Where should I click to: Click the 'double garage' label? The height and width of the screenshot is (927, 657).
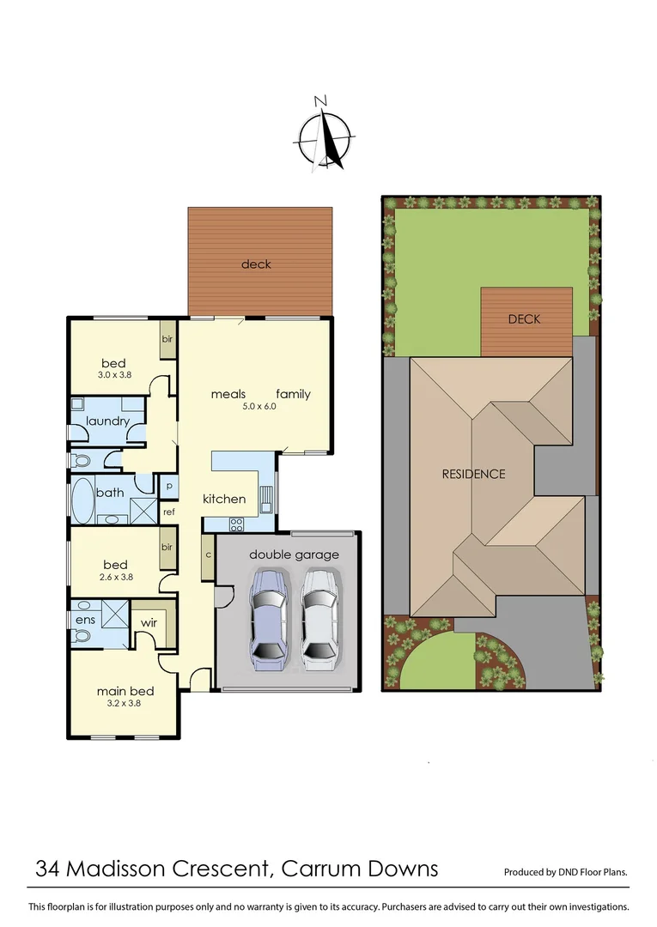294,554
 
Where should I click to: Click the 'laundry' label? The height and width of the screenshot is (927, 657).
107,421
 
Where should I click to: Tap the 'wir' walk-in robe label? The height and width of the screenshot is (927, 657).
149,622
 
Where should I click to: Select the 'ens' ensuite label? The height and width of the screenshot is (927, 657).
85,619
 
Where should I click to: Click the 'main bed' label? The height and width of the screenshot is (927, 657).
125,691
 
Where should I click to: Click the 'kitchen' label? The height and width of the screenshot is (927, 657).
224,499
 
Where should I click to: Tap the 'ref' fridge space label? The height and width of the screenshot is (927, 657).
168,512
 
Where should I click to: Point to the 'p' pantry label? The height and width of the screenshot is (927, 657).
169,485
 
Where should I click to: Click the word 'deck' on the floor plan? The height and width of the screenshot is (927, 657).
256,264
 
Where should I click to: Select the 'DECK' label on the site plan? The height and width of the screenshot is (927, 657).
524,318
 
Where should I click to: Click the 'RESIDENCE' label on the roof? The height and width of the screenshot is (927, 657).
473,474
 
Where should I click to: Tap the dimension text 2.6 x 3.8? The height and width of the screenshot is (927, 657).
115,578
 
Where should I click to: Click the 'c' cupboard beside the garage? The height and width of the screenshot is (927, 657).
208,554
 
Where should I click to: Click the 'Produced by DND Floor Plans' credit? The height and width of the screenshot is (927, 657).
565,872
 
